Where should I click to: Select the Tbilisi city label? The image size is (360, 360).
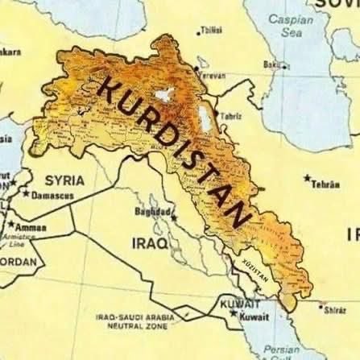[x=213, y=31]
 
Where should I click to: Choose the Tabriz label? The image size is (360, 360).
[x=230, y=115]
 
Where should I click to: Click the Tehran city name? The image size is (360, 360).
[x=325, y=184]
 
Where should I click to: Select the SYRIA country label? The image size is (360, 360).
[x=65, y=180]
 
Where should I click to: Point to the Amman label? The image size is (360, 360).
[x=31, y=227]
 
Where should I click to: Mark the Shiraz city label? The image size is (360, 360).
[x=333, y=308]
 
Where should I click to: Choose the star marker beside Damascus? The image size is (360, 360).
[x=26, y=194]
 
